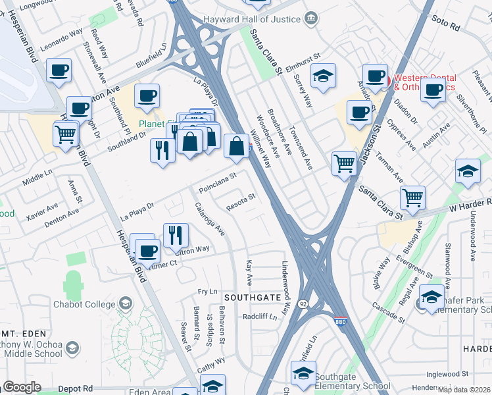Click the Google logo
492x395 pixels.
tap(21, 387)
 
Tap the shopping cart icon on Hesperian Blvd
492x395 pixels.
tap(65, 134)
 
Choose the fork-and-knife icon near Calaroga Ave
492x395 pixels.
tap(176, 235)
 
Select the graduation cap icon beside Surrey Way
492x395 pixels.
tap(323, 76)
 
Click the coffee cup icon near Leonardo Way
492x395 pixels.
tap(59, 70)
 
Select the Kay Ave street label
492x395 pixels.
tap(249, 272)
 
